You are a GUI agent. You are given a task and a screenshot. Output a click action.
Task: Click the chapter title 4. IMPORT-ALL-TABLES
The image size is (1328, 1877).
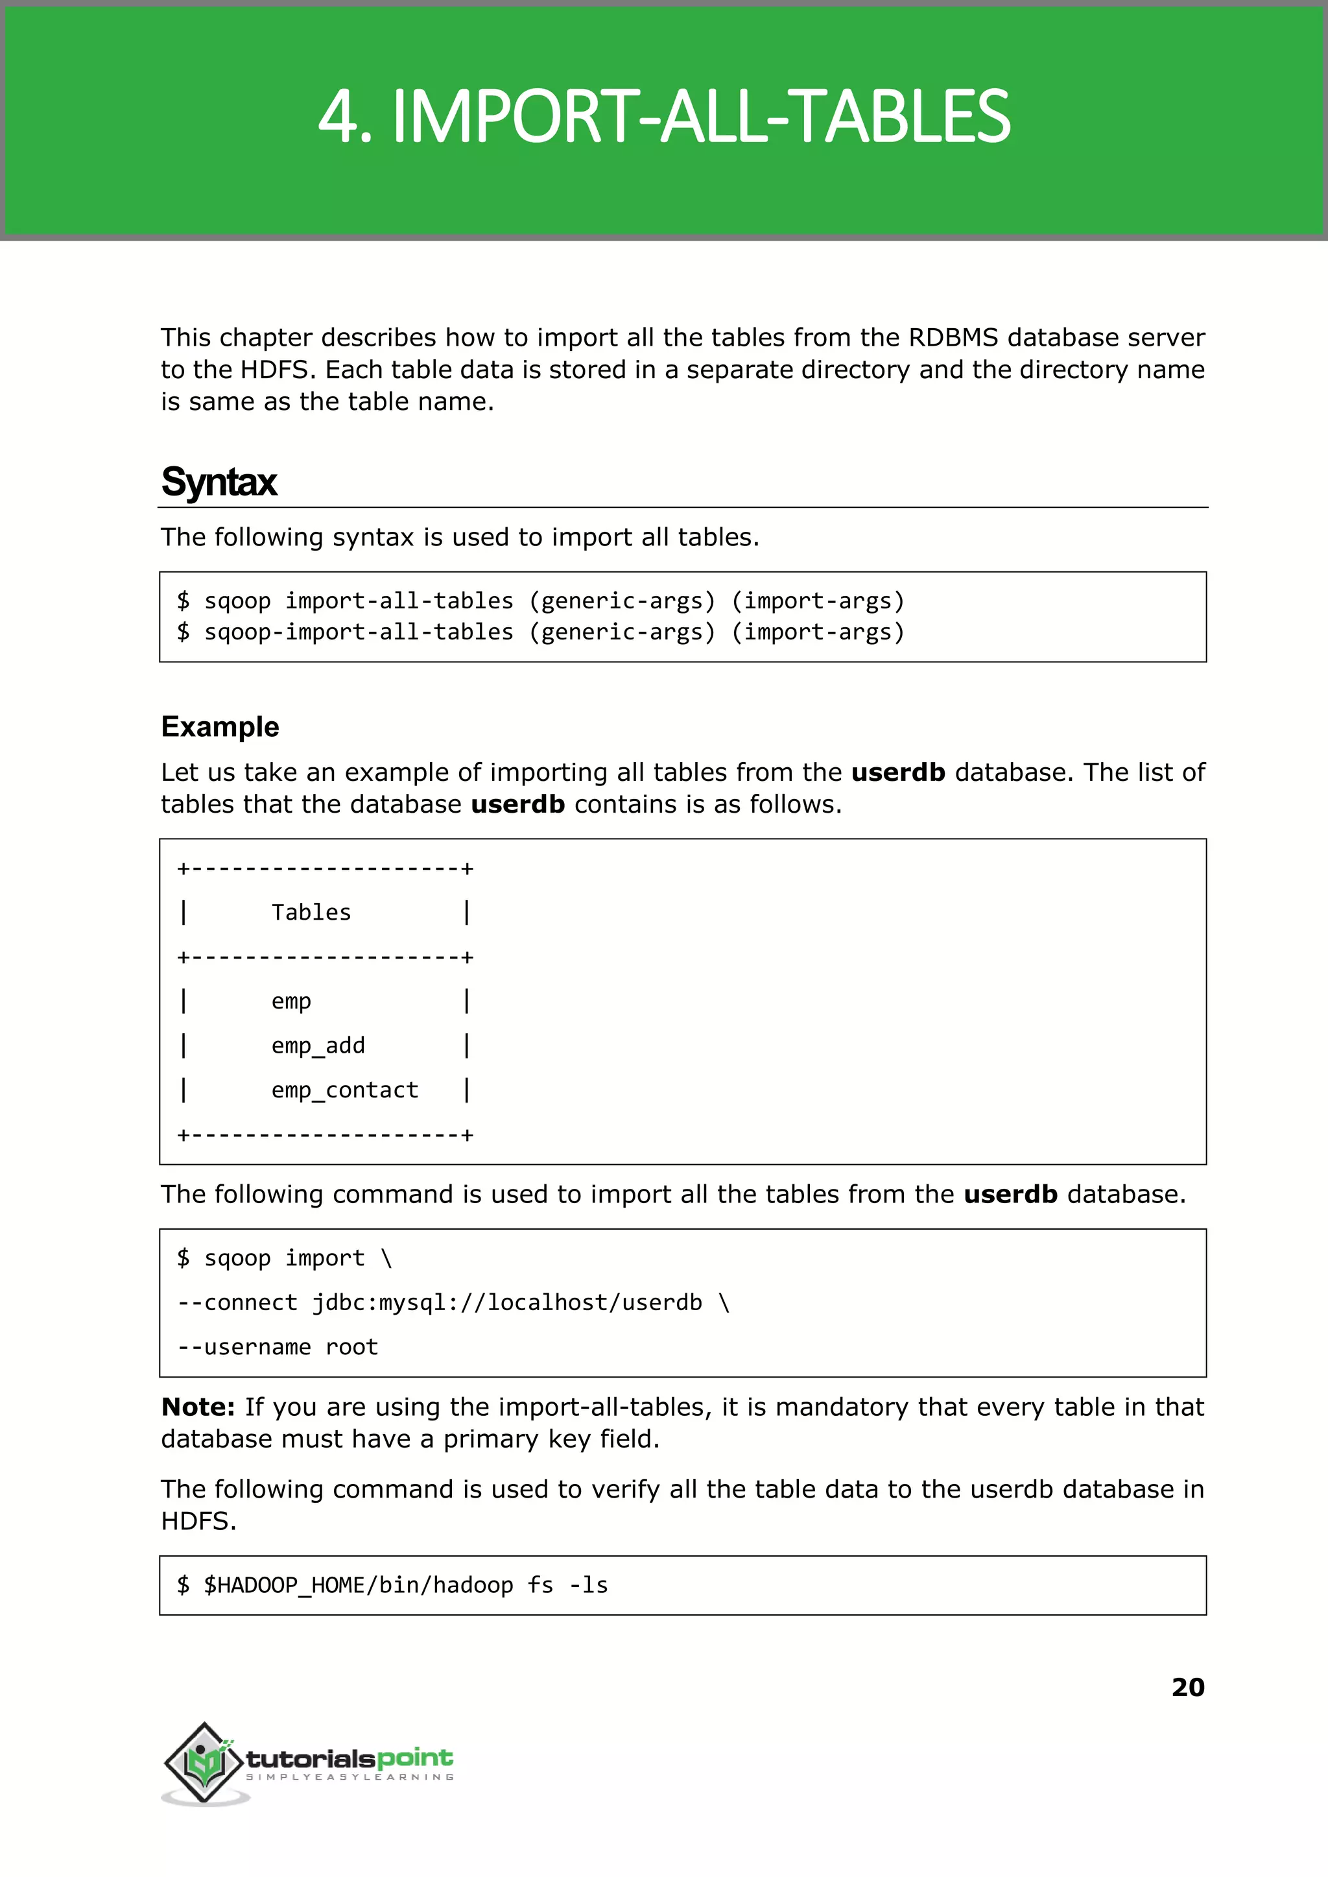click(x=664, y=117)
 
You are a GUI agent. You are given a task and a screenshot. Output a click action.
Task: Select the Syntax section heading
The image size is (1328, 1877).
click(x=219, y=482)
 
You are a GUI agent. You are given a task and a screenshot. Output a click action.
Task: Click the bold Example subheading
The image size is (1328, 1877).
click(x=220, y=726)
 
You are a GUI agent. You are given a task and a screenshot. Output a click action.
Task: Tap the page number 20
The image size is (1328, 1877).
click(x=1187, y=1686)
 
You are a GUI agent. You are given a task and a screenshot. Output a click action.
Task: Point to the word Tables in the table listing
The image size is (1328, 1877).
click(x=311, y=912)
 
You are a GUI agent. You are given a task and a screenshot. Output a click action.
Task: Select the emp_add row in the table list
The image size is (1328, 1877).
click(x=318, y=1046)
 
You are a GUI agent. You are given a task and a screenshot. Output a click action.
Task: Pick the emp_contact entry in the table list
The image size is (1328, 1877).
click(x=344, y=1090)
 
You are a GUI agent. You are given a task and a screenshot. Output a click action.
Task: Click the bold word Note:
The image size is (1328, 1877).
click(x=198, y=1407)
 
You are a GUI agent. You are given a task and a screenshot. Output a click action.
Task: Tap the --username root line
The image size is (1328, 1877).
click(x=278, y=1346)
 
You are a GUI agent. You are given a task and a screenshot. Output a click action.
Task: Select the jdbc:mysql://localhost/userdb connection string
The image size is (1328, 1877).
click(x=507, y=1302)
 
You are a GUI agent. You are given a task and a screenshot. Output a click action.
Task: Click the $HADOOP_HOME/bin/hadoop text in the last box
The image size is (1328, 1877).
click(x=358, y=1585)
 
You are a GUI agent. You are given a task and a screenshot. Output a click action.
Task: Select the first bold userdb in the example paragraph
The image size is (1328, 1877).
click(x=898, y=772)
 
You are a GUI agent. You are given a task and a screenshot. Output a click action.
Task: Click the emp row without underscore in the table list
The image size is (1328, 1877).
click(x=291, y=1001)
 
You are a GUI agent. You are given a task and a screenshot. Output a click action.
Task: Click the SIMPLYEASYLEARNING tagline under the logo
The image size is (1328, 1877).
click(x=350, y=1777)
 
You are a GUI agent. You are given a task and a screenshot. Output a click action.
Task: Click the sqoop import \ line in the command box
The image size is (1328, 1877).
click(x=285, y=1258)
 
